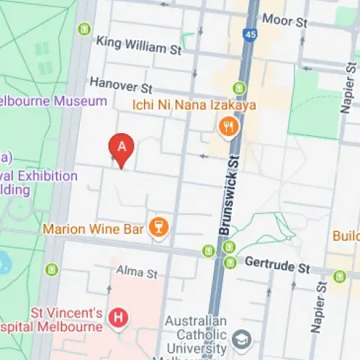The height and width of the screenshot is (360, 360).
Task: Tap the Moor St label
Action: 286,19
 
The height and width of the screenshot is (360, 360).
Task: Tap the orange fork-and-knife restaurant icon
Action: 228,128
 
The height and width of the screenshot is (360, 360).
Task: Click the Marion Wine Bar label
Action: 94,230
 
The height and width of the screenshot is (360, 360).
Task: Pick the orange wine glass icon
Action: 158,229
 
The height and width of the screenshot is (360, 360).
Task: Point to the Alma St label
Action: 137,273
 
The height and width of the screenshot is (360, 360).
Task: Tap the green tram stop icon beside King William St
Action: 85,30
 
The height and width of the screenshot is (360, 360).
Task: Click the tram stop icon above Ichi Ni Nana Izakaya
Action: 239,89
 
